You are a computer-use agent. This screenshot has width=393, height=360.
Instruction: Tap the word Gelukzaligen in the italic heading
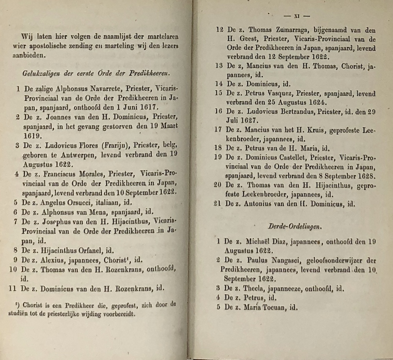coord(39,73)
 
